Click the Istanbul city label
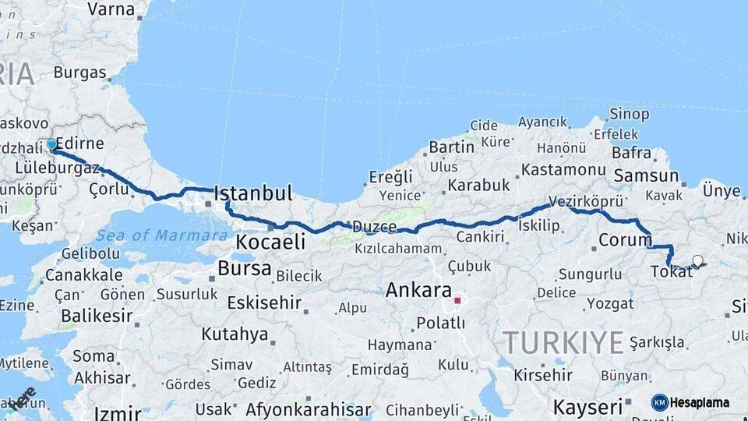pos(252,193)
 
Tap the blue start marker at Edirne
pos(51,144)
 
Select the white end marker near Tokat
pos(697,261)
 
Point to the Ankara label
pos(418,291)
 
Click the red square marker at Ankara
pos(457,299)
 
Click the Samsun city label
pos(646,176)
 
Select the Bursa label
pos(244,269)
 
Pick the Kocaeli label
pos(270,242)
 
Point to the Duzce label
pos(374,227)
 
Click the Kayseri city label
pos(587,406)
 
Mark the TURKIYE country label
pos(563,342)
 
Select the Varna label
pos(111,9)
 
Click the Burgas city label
pos(79,73)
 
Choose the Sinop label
pos(629,115)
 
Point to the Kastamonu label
pos(563,169)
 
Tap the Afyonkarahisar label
pos(308,409)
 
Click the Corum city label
pos(625,239)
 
